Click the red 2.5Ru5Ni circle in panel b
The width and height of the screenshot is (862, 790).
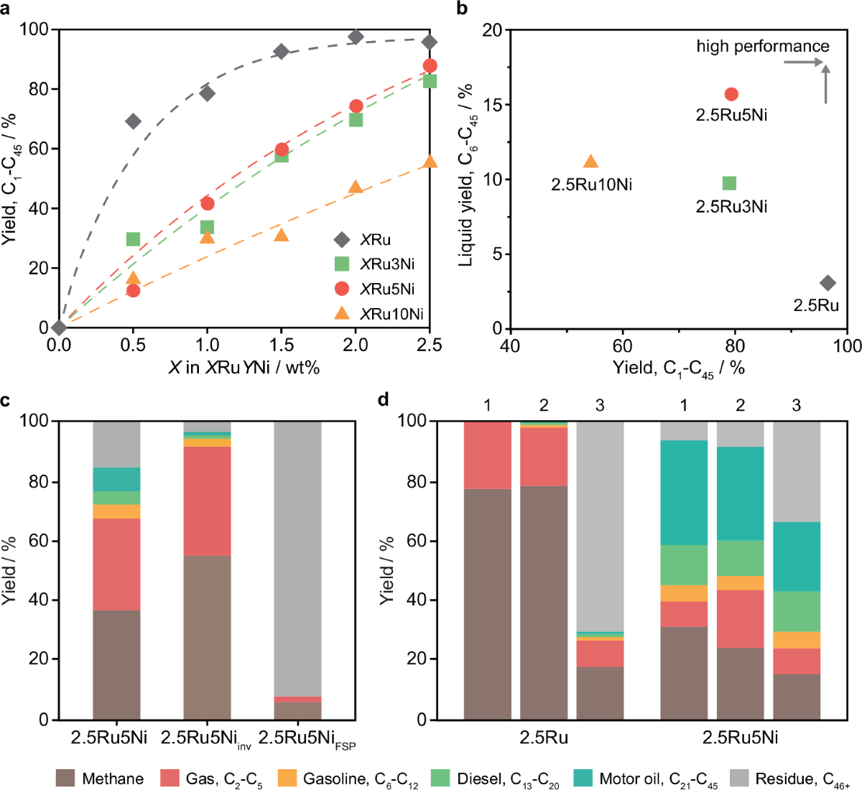click(x=731, y=94)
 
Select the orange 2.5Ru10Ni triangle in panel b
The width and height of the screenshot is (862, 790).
click(x=590, y=162)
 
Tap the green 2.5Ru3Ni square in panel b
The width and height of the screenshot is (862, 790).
click(x=729, y=183)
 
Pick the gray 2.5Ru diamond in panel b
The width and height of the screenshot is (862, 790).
click(x=828, y=283)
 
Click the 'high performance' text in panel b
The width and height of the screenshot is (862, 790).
click(x=762, y=47)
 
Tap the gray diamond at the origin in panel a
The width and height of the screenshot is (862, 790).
click(x=59, y=327)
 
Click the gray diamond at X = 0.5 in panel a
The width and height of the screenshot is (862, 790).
click(x=133, y=121)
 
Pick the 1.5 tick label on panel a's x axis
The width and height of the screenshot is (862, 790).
click(x=281, y=345)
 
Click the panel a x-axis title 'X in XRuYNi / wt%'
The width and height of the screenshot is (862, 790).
click(x=244, y=368)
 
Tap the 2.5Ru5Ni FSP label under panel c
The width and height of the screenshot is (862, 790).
click(x=307, y=739)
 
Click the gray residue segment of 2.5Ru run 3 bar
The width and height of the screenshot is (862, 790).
click(x=600, y=524)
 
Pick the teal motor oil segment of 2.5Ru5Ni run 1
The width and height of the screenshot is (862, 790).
click(x=684, y=492)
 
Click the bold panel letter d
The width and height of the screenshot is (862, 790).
click(x=384, y=399)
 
